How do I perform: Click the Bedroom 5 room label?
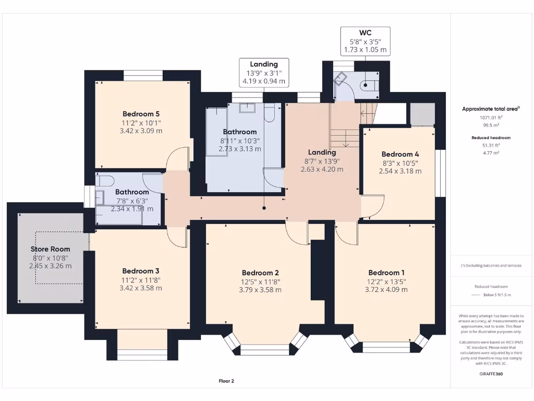pos(141,114)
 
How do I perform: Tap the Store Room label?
pos(50,249)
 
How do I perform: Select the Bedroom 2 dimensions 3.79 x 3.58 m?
pos(260,290)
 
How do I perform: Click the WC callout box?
pos(365,41)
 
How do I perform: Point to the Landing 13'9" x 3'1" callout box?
pos(263,73)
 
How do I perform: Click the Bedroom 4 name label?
pos(400,154)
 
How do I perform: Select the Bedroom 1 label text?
pos(386,273)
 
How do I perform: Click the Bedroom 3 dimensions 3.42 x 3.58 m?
pos(141,288)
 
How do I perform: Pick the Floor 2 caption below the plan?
pos(226,381)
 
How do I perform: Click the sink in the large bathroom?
pos(247,108)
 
